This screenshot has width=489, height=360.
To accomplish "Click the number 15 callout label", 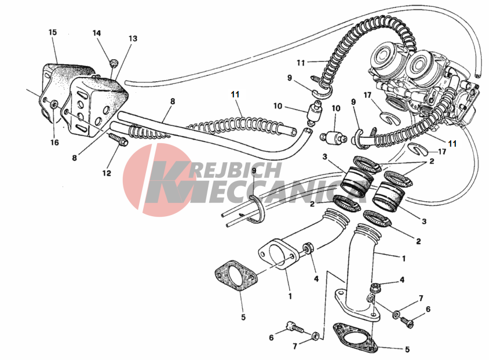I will pos(53,32).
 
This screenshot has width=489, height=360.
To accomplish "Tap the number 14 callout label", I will pos(97,33).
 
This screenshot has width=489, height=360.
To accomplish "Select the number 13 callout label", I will pos(133,39).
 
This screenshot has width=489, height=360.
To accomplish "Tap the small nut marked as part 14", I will pos(114,61).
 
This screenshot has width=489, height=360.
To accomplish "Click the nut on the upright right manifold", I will pos(375,286).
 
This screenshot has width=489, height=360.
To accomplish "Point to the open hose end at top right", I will pos(477,74).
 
